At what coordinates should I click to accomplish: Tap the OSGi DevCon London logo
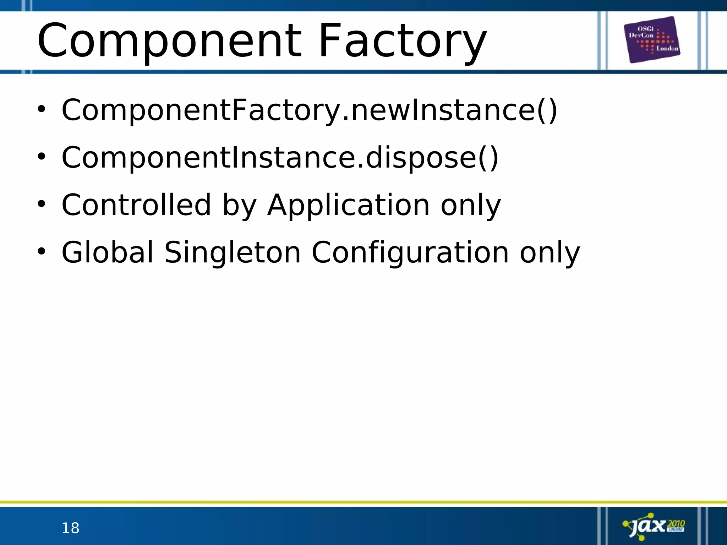pos(652,40)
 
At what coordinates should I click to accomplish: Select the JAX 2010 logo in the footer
pos(654,526)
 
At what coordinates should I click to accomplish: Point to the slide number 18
pos(70,528)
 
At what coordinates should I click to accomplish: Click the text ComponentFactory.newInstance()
pos(309,110)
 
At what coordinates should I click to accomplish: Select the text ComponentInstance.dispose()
pos(280,157)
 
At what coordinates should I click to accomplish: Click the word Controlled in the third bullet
pos(136,205)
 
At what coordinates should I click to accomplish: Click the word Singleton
pos(233,253)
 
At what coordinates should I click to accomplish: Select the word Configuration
pos(410,253)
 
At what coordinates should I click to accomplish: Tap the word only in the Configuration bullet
pos(550,253)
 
